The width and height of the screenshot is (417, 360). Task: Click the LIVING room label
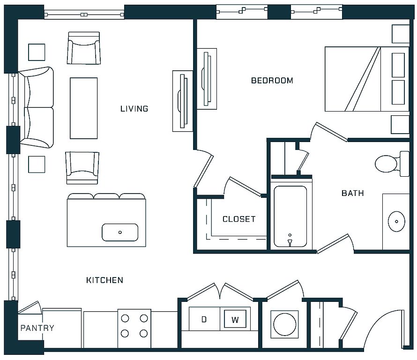134,109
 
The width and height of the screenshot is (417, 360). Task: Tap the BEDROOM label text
272,80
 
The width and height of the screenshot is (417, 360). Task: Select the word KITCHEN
105,280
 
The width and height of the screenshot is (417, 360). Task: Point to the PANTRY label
37,328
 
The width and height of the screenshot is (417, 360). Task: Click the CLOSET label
239,219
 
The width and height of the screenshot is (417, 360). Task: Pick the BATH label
353,193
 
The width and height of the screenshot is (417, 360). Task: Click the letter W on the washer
235,320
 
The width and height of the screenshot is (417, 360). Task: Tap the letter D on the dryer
204,319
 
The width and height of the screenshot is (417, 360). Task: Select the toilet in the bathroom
392,164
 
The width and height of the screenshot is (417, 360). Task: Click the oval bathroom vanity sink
396,221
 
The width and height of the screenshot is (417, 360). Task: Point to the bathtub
290,216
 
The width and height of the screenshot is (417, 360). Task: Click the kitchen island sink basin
120,232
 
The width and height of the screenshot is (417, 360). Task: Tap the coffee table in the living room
84,108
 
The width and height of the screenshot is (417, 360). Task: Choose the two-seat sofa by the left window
37,107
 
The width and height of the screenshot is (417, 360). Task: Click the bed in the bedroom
367,79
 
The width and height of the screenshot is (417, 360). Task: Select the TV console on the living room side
183,101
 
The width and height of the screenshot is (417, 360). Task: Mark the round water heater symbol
284,324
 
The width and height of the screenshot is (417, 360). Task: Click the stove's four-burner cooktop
134,326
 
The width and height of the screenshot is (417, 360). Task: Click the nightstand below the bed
400,124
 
